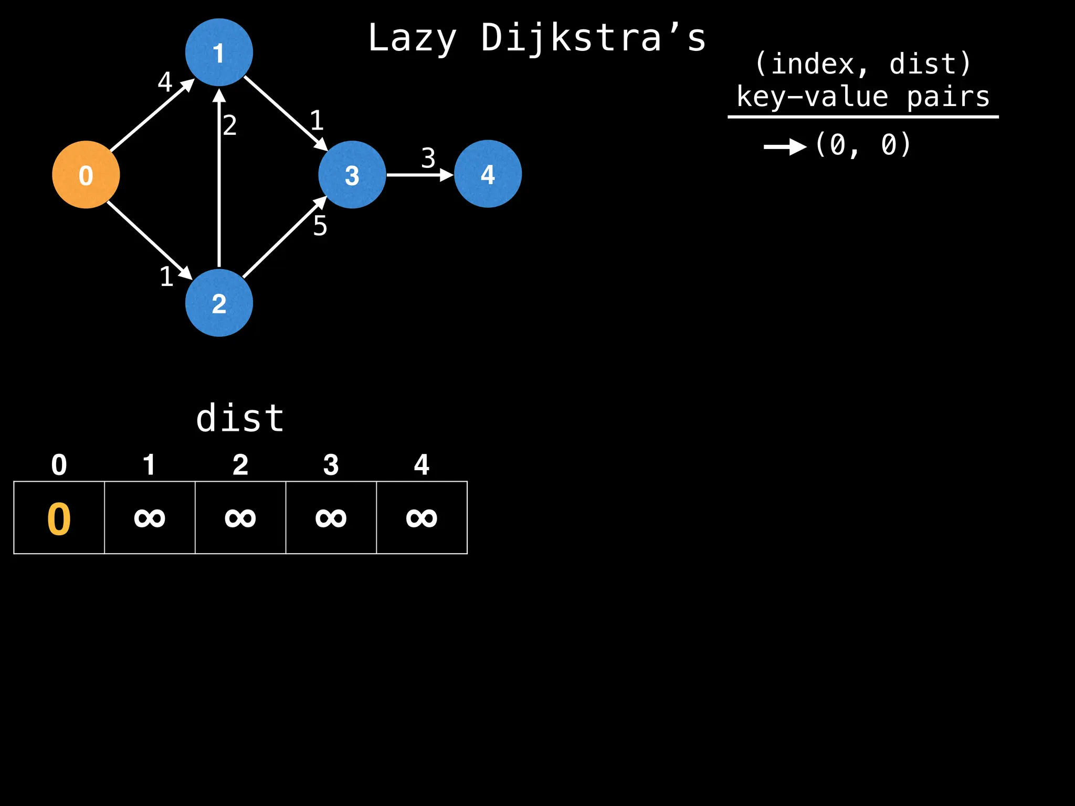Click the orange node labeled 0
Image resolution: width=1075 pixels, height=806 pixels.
pos(86,175)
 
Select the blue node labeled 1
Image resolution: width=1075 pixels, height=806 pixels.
pos(219,52)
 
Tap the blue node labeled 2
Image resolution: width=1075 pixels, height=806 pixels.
pos(219,303)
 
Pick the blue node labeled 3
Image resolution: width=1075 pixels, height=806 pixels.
pos(352,175)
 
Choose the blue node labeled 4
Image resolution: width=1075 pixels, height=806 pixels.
pos(488,174)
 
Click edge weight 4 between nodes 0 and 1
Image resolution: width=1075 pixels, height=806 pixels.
pos(165,82)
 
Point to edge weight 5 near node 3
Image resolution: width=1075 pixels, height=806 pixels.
pos(320,226)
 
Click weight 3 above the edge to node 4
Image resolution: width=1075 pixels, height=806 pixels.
pos(428,158)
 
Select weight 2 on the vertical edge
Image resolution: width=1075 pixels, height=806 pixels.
pos(230,125)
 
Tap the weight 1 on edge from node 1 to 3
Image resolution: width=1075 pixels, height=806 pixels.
pos(317,121)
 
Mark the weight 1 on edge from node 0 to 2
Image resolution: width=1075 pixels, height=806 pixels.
pos(166,277)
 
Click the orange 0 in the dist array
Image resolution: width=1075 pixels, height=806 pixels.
pos(59,519)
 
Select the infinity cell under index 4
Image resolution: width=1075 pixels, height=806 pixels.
pos(421,518)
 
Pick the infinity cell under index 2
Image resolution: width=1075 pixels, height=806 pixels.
pos(240,518)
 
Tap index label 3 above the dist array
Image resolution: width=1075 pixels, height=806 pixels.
pos(331,465)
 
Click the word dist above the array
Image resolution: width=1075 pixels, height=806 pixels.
pos(240,419)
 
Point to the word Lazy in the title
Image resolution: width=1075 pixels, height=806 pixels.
pos(412,38)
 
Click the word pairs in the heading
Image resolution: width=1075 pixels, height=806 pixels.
pos(948,98)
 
